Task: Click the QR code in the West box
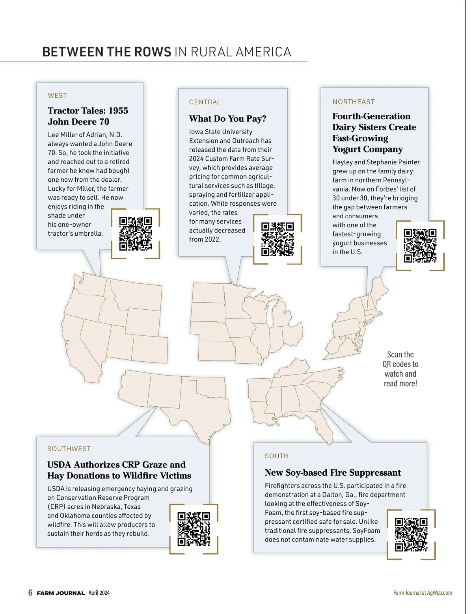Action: (x=135, y=233)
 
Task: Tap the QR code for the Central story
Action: (x=277, y=239)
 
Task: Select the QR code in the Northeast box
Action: (x=420, y=246)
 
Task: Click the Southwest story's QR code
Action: (x=194, y=528)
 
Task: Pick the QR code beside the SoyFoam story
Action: (x=411, y=534)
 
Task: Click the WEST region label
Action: (x=58, y=95)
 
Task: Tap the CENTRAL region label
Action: (x=205, y=102)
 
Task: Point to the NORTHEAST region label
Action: (x=354, y=102)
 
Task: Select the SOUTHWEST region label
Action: (x=69, y=449)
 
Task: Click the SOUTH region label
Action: (x=277, y=456)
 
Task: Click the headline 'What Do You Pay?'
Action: (x=228, y=119)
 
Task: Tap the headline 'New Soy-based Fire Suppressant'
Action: (x=333, y=473)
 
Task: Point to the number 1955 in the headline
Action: (x=118, y=111)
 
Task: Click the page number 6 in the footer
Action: (x=30, y=593)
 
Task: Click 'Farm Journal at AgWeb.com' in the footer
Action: (x=423, y=593)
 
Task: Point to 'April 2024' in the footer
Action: (x=99, y=593)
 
